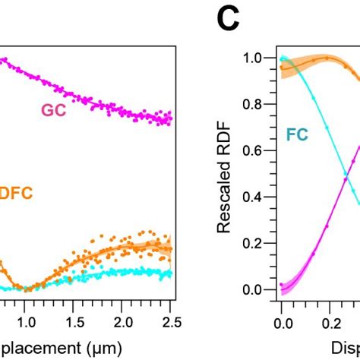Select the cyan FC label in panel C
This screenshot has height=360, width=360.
296,136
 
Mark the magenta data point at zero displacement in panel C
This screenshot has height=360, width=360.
282,285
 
